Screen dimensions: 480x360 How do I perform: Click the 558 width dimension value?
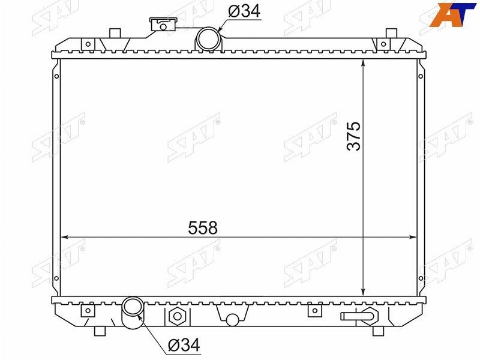point(203,228)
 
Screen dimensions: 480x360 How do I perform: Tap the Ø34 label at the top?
point(244,11)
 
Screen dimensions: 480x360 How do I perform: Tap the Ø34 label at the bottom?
point(184,345)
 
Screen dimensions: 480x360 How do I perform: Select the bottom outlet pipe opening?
point(132,307)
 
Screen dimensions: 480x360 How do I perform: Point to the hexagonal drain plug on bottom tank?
point(177,316)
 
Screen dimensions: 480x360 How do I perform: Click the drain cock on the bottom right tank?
point(359,316)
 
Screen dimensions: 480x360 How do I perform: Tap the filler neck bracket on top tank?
point(163,24)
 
